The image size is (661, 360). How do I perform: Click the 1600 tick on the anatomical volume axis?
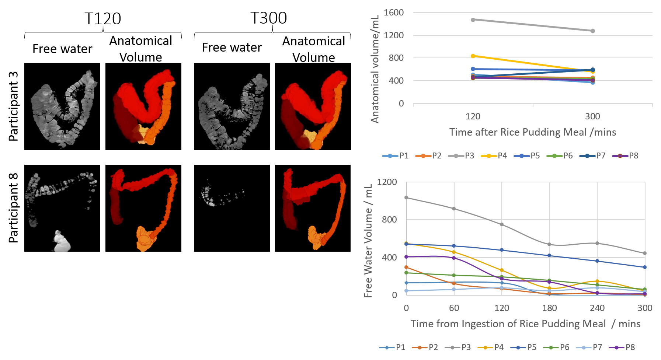[394, 13]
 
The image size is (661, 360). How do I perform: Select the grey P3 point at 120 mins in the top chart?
[473, 20]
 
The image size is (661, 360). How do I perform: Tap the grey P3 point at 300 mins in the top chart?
[593, 31]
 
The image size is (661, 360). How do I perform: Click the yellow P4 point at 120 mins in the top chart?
[473, 56]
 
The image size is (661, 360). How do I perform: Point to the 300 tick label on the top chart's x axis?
[592, 116]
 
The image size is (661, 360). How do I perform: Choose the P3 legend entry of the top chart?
[461, 156]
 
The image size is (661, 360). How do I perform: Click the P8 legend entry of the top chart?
[625, 156]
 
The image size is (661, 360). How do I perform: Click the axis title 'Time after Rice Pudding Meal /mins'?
[532, 132]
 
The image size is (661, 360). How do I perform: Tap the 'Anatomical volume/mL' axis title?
[375, 69]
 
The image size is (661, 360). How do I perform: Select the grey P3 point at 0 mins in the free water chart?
[406, 198]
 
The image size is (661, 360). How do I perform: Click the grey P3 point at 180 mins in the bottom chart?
[549, 244]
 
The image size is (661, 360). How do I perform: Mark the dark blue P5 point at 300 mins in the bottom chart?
[645, 267]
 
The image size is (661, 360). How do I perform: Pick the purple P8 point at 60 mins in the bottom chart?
[454, 258]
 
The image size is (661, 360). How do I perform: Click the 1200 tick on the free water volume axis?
[387, 182]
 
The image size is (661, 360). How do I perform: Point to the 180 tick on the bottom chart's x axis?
[549, 308]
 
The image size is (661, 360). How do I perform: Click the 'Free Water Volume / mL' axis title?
[368, 240]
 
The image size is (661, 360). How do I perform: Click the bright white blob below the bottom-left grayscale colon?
[61, 242]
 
